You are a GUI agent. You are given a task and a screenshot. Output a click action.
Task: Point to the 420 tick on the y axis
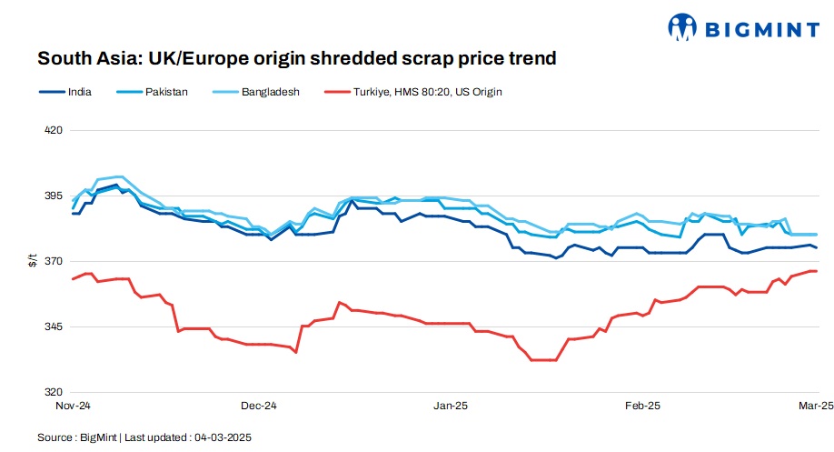(53, 130)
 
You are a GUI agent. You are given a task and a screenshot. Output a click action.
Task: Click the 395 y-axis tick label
(53, 196)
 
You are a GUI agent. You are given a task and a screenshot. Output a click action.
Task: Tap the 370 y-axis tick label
(53, 261)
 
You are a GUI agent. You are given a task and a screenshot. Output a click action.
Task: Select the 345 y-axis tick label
(53, 326)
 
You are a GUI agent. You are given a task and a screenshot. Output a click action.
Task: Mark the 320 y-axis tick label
(53, 392)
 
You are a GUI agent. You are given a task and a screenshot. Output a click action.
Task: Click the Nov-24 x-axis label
(72, 405)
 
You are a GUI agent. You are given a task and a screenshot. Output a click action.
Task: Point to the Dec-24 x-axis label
(259, 405)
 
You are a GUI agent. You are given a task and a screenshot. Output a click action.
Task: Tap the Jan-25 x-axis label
(451, 405)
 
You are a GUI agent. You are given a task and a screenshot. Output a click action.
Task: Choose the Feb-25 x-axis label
(642, 405)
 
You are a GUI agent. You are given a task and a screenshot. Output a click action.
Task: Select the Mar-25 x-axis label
(812, 405)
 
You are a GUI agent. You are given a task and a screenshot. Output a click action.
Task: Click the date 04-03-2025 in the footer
(223, 437)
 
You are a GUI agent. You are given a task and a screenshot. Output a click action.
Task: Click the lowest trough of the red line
(542, 360)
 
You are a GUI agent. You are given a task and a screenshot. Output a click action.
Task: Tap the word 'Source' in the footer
(55, 437)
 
